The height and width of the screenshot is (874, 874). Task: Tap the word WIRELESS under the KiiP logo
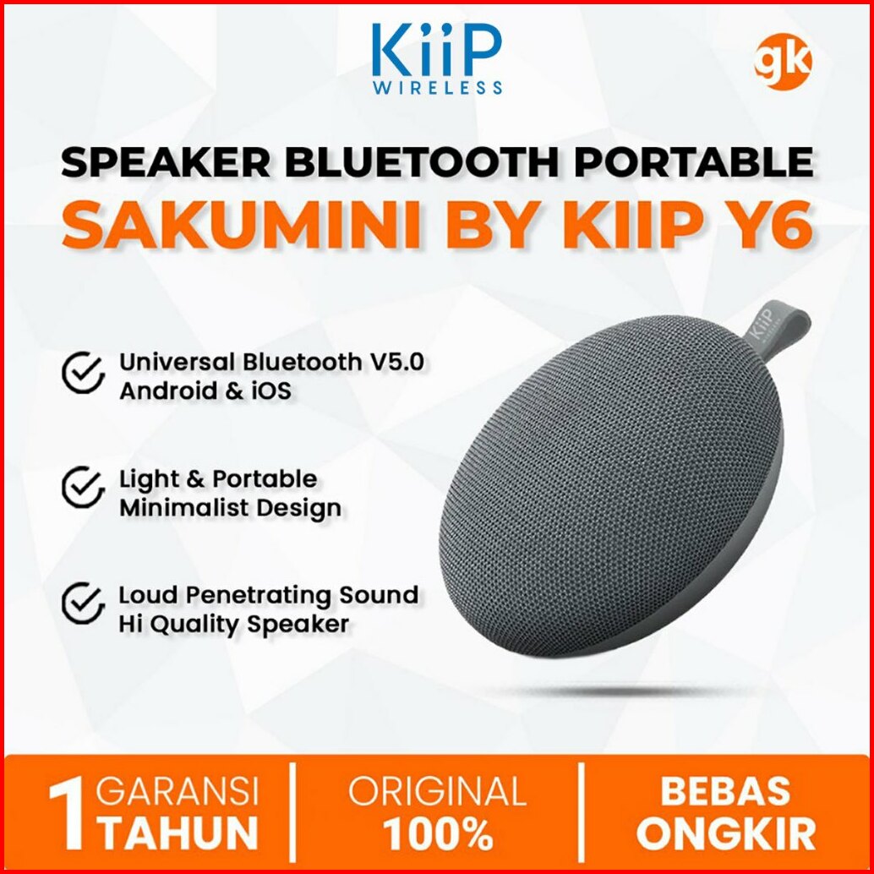click(437, 88)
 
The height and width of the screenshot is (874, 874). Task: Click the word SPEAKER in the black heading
click(166, 162)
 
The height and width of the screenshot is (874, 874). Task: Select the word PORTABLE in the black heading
click(693, 162)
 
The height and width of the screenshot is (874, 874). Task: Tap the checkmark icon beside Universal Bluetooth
click(83, 373)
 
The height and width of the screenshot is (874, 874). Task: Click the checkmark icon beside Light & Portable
click(83, 487)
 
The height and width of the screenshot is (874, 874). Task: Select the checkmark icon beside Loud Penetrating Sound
click(83, 604)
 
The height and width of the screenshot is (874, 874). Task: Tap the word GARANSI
click(178, 791)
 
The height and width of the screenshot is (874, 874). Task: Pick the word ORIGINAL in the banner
click(438, 791)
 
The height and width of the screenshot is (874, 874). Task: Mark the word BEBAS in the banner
click(725, 791)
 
